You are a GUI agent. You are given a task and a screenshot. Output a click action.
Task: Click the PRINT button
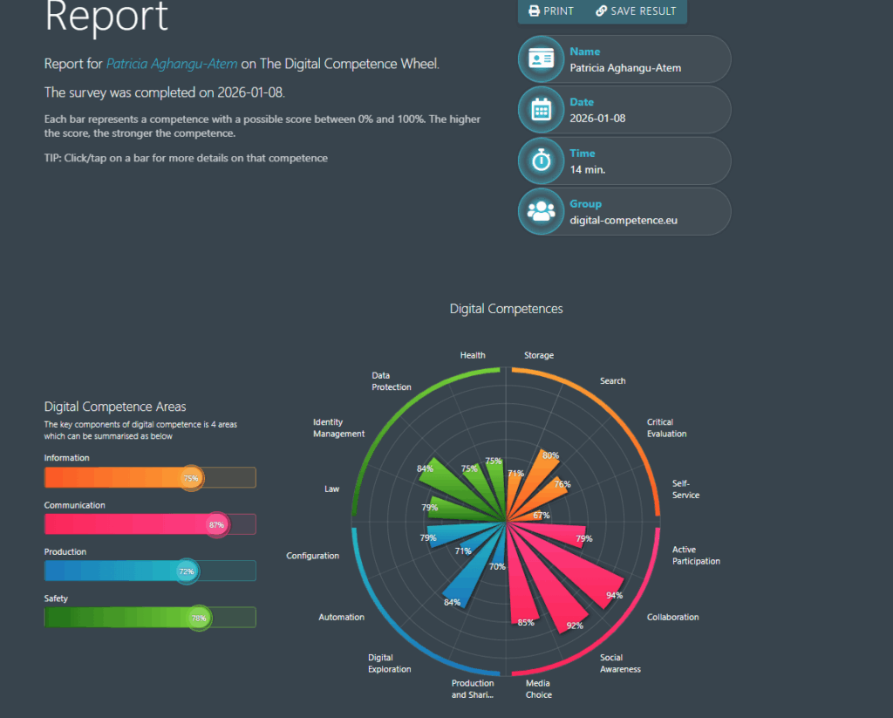pos(551,11)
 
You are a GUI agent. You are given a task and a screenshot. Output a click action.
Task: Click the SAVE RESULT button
pos(636,11)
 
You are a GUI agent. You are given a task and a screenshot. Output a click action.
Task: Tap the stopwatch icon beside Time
pos(542,161)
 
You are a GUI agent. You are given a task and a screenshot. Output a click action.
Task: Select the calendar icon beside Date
pos(542,110)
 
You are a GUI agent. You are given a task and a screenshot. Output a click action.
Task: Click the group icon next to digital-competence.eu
pos(542,211)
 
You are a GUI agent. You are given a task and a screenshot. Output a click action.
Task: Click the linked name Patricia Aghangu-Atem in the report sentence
pos(172,64)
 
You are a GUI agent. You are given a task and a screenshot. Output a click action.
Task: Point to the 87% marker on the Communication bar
pos(217,524)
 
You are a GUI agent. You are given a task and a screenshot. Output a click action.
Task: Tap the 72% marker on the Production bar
pos(187,571)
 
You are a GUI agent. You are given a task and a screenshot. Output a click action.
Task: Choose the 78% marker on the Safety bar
pos(200,618)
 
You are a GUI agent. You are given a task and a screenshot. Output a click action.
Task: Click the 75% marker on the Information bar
pos(191,478)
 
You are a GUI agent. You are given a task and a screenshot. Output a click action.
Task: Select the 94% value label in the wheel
pos(615,596)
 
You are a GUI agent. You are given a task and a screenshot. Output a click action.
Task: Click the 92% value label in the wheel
pos(575,626)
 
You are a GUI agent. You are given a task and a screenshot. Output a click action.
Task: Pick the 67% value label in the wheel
pos(542,516)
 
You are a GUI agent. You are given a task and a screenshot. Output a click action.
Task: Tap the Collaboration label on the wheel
pos(672,618)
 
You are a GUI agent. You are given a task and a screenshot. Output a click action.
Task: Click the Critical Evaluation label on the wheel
pos(666,427)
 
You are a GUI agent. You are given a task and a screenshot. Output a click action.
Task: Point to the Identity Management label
pos(338,427)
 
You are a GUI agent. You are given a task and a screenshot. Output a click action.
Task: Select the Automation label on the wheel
pos(341,618)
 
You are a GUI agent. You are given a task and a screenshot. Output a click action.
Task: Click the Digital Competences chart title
pos(506,309)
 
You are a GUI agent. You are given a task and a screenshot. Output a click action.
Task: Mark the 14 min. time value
pos(587,169)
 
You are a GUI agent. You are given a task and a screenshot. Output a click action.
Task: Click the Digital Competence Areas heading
pos(114,407)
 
